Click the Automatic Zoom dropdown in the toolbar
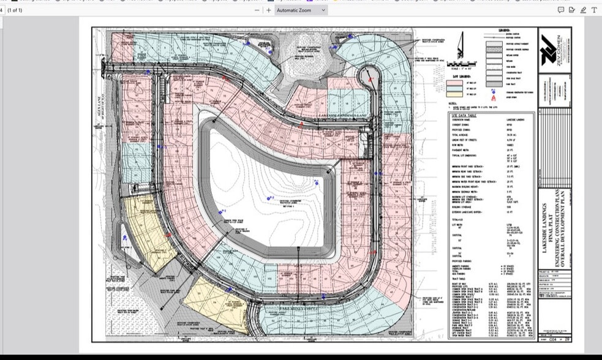[301, 10]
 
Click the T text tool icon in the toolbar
[594, 10]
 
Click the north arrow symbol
[460, 46]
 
